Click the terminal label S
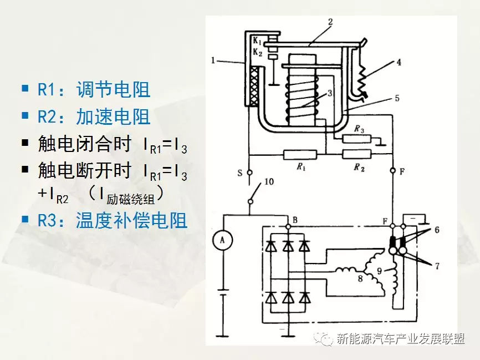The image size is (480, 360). point(240,173)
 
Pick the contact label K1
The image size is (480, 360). point(257,42)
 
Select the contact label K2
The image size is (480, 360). point(257,52)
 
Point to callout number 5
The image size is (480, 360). point(396,99)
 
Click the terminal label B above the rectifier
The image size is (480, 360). point(295,220)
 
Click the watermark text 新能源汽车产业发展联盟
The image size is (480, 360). point(400,338)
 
